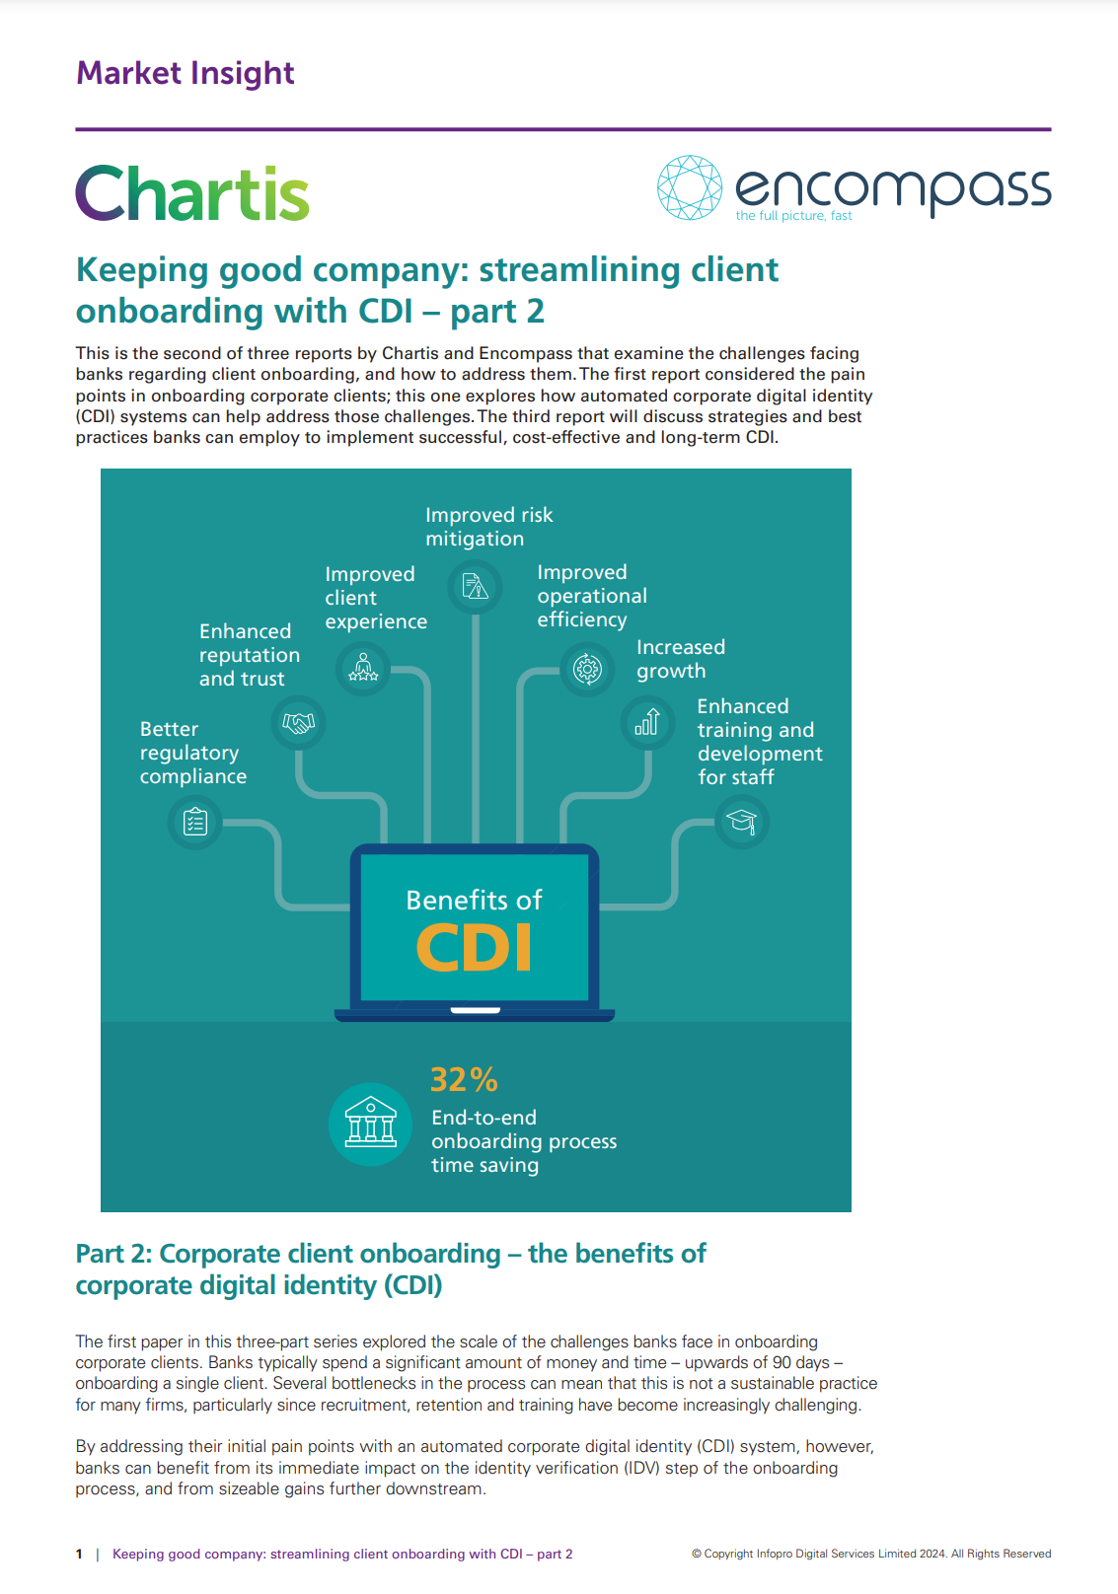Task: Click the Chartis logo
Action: pyautogui.click(x=192, y=193)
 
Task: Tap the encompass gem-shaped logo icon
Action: pyautogui.click(x=690, y=187)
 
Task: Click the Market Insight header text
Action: pyautogui.click(x=186, y=73)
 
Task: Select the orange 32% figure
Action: pyautogui.click(x=464, y=1079)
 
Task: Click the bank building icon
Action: pyautogui.click(x=370, y=1123)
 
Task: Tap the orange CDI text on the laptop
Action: pyautogui.click(x=475, y=948)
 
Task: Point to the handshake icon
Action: pyautogui.click(x=298, y=723)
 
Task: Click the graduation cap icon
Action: pyautogui.click(x=741, y=821)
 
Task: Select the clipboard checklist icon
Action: pyautogui.click(x=195, y=821)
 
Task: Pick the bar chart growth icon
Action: pyautogui.click(x=647, y=722)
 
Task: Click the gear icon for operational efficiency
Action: pyautogui.click(x=587, y=669)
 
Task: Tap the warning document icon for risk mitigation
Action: pyautogui.click(x=476, y=587)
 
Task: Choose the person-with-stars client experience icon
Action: pyautogui.click(x=363, y=669)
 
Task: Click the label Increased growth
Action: pyautogui.click(x=680, y=659)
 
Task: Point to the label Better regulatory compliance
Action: pyautogui.click(x=192, y=753)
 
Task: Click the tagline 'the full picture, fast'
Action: pyautogui.click(x=793, y=216)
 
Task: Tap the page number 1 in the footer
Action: pyautogui.click(x=79, y=1554)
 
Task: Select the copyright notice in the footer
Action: pyautogui.click(x=871, y=1554)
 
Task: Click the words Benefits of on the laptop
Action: pyautogui.click(x=474, y=900)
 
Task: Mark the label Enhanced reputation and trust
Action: pyautogui.click(x=249, y=655)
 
